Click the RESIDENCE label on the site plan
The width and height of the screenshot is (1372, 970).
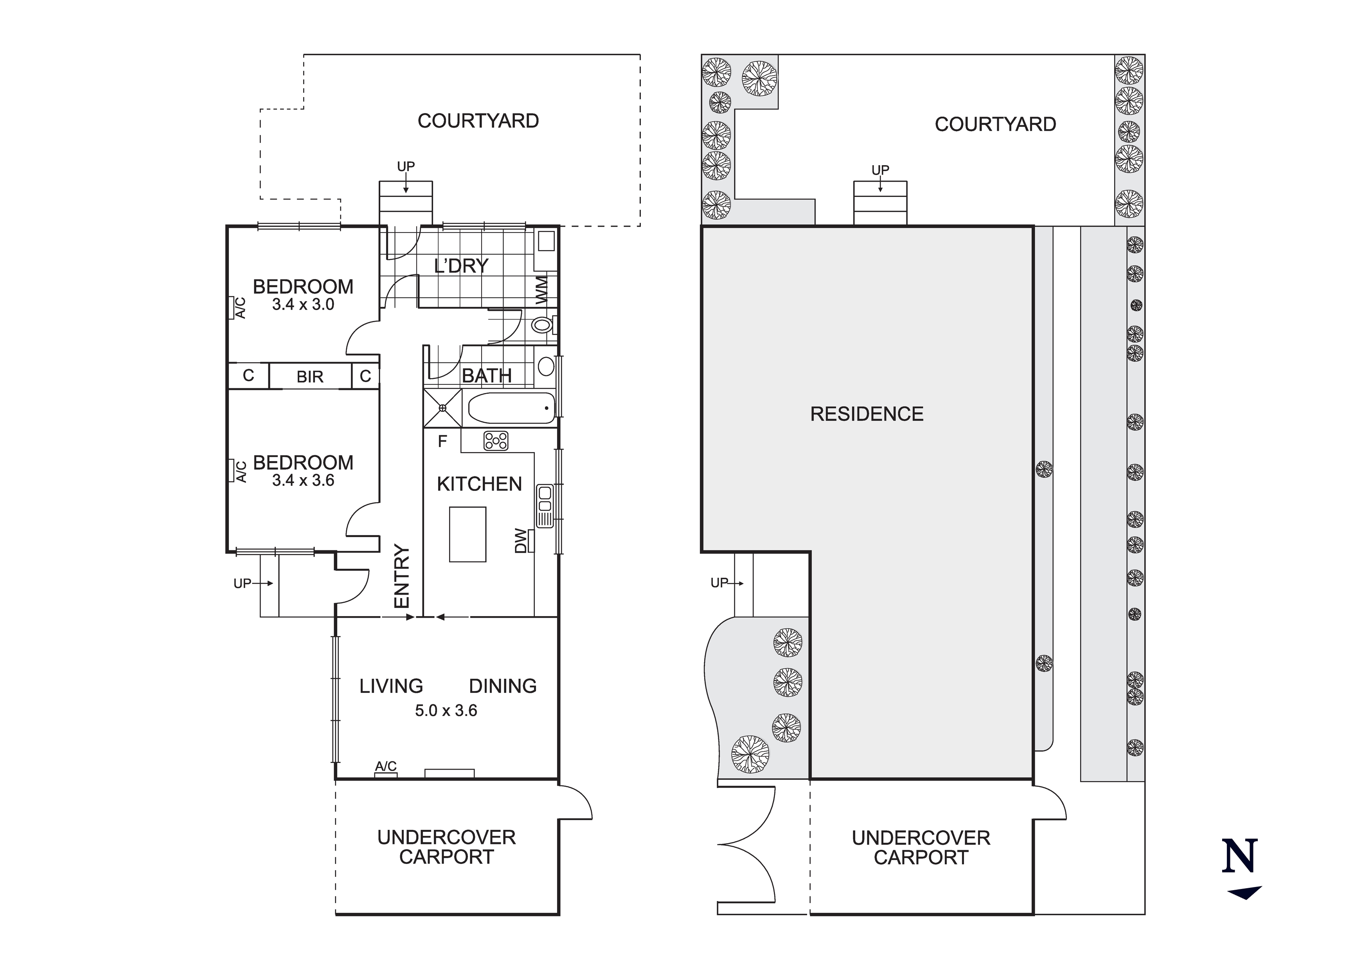pos(867,414)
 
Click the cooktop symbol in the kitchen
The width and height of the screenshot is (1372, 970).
pos(496,441)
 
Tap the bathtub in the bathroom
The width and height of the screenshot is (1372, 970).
pos(511,408)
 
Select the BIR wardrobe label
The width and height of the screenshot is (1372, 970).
pos(309,377)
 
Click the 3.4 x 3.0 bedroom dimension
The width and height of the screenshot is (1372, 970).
pos(303,305)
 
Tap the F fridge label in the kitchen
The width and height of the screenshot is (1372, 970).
pos(442,441)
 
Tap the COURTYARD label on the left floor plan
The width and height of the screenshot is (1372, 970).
pos(478,121)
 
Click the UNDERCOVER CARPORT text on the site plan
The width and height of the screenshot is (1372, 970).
pos(921,847)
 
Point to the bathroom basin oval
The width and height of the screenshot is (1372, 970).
pos(546,366)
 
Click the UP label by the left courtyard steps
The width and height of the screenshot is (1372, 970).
pos(406,166)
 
